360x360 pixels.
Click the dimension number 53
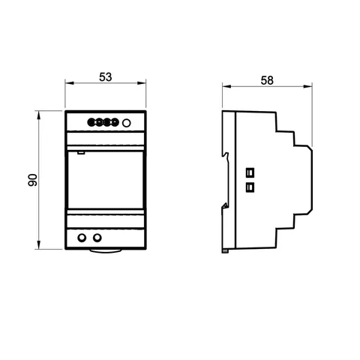(x=106, y=77)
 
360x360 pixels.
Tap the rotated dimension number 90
(x=33, y=180)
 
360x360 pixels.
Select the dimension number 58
(x=267, y=80)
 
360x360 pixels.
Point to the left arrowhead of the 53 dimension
(x=70, y=83)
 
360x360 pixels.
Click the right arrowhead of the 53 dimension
(x=142, y=83)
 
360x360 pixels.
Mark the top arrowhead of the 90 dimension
(x=38, y=115)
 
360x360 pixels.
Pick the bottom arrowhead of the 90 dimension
(x=38, y=244)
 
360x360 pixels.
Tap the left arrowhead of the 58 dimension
(x=226, y=86)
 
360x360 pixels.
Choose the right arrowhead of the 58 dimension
(x=307, y=86)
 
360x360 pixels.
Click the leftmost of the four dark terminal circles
(x=91, y=122)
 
